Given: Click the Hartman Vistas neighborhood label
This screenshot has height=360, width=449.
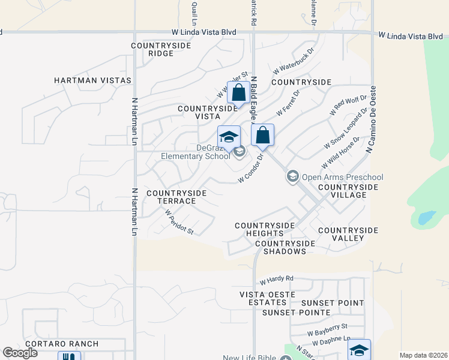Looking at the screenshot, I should (92, 80).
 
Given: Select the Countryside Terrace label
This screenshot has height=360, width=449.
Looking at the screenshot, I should (176, 197).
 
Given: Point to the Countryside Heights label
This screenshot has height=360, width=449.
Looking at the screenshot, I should (265, 229).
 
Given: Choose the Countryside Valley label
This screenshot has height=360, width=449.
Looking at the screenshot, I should (348, 234).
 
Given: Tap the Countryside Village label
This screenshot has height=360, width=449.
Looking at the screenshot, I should (348, 191).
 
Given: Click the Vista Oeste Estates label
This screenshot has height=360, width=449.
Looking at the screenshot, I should (267, 298).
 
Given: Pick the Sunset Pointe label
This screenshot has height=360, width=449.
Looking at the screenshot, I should (296, 313).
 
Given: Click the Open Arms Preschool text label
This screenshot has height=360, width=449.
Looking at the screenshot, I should (342, 177).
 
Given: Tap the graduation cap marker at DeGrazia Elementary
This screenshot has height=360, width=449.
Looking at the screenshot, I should (229, 137).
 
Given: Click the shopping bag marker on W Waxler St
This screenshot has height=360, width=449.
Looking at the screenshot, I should (238, 93).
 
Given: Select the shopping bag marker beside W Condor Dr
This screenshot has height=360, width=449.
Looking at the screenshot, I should (262, 136).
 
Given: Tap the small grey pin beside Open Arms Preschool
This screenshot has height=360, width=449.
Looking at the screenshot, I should (292, 176).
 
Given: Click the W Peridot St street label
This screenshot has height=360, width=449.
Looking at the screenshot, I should (179, 221).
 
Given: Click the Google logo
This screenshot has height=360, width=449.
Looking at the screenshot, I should (20, 353).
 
